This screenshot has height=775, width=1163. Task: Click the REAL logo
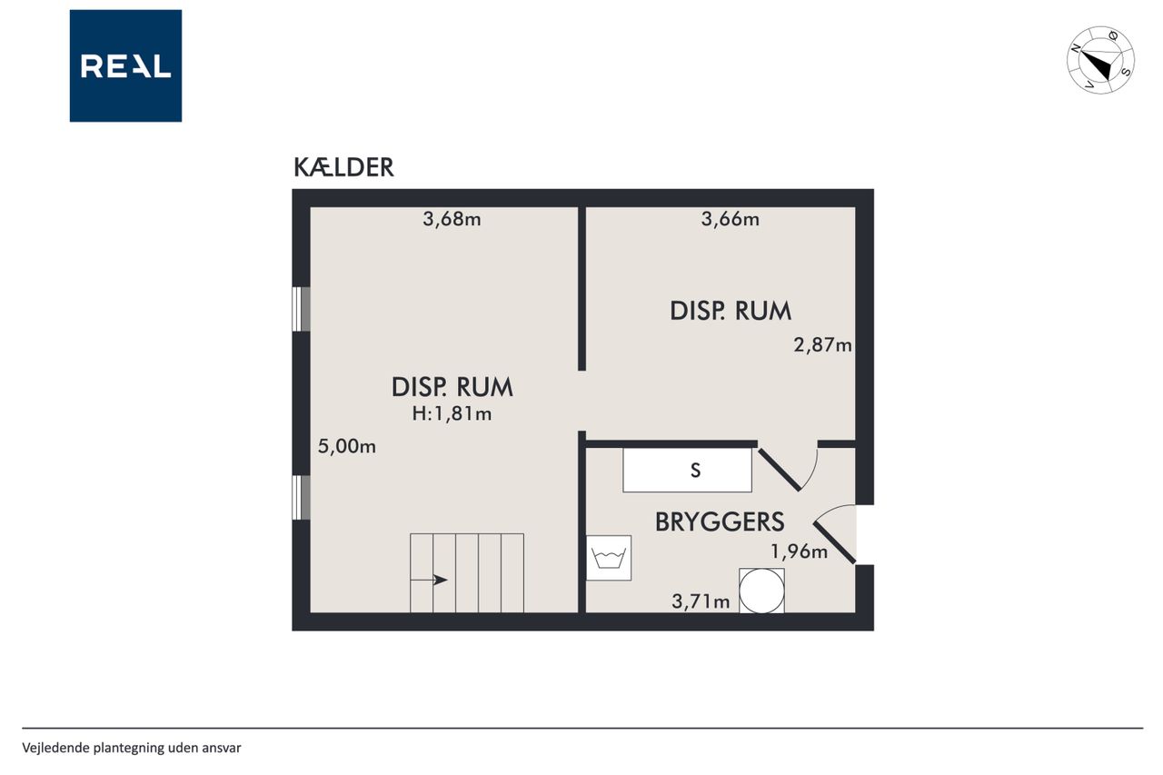coord(125,66)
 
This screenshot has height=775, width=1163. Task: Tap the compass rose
coord(1100,60)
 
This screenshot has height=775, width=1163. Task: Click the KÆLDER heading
coord(343,167)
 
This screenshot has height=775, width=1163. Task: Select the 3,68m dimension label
coord(452,219)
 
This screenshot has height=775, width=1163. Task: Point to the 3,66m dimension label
coord(730,219)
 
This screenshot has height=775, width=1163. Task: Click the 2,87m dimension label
coord(822,344)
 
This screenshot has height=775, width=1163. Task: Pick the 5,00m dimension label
coord(347,446)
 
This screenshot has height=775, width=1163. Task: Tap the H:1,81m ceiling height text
coord(452,413)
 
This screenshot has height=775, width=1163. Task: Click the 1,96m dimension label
coord(799,551)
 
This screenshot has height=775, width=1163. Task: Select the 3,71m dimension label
coord(701,601)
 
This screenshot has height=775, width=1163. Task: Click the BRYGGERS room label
coord(720,522)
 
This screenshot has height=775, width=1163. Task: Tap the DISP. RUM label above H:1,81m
coord(452,387)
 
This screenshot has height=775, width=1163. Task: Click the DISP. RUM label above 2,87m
coord(731,311)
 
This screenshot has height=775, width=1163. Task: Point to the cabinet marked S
coord(688,471)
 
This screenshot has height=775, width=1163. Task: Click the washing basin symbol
coord(609,558)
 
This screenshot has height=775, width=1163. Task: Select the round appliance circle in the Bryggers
coord(761,591)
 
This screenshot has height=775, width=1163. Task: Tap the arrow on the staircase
coord(429,580)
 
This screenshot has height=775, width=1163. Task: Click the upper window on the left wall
coord(301,309)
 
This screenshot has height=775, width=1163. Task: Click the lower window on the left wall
coord(301,497)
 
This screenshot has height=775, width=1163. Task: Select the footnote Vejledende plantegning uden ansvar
coord(132,748)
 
